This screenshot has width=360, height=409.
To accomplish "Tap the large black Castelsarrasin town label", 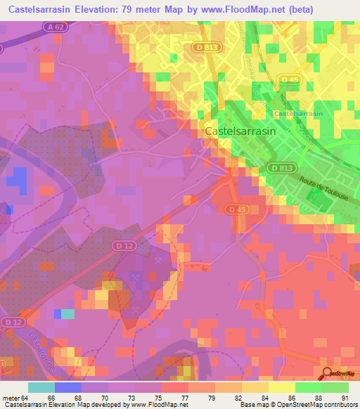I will [240, 131].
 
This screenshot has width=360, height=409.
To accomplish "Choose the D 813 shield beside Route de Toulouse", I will [279, 167].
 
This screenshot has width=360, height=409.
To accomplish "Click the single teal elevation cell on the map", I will [67, 313].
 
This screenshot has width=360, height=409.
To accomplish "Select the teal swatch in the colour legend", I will [41, 387].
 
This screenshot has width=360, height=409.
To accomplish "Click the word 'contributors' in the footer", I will [341, 405].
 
